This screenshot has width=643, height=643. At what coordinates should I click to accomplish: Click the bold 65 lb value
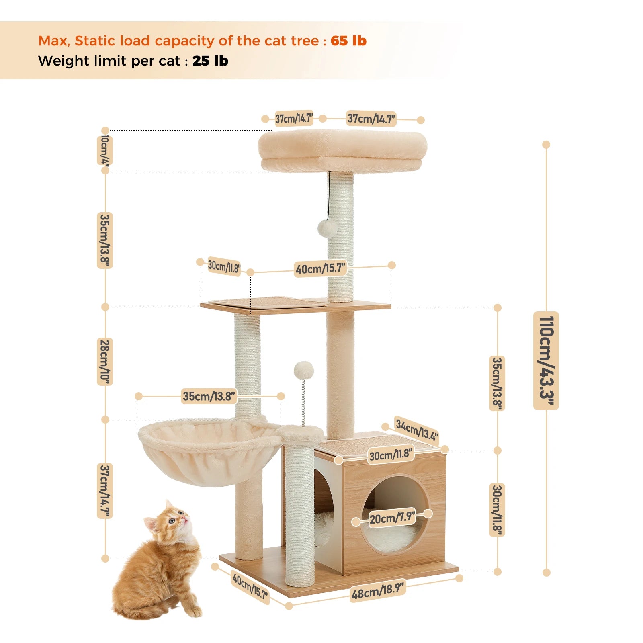[x=348, y=41]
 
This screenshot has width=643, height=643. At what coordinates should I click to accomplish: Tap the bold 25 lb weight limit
[x=210, y=61]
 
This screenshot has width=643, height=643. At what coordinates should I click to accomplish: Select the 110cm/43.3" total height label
[x=546, y=360]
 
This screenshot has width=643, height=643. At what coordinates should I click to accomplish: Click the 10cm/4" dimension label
[x=104, y=150]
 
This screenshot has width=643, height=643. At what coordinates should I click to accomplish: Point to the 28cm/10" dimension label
[x=104, y=362]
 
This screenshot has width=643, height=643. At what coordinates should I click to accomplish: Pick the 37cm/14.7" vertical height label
[x=105, y=491]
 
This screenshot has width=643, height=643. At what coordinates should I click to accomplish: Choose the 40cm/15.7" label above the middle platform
[x=320, y=268]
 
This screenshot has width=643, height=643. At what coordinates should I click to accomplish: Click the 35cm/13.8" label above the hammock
[x=209, y=396]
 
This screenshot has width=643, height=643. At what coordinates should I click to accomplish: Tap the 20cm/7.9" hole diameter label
[x=392, y=518]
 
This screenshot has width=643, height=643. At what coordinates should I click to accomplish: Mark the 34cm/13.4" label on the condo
[x=416, y=430]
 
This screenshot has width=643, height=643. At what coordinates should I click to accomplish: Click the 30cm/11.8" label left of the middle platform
[x=224, y=266]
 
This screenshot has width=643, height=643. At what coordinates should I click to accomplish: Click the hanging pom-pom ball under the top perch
[x=328, y=228]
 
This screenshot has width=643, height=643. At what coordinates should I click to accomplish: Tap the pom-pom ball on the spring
[x=303, y=370]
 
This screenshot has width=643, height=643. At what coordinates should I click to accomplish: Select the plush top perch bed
[x=342, y=151]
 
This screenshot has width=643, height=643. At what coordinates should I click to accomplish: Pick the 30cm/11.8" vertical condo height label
[x=497, y=510]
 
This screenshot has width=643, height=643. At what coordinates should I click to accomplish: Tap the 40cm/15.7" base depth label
[x=250, y=586]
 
